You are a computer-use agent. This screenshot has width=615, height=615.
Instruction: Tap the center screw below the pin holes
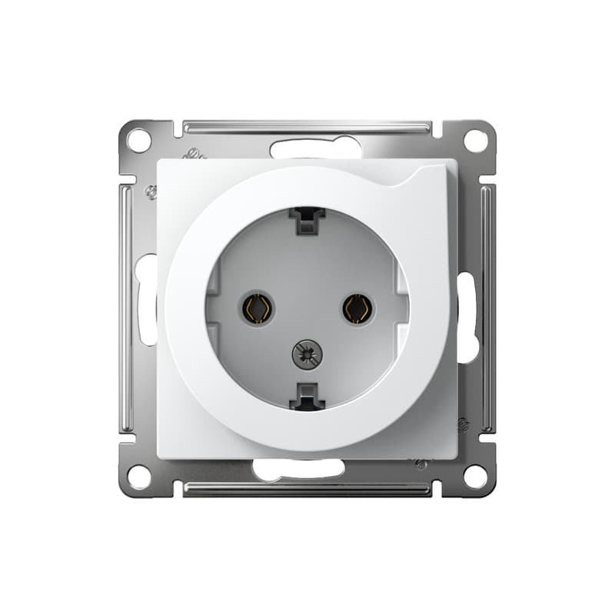[307, 354]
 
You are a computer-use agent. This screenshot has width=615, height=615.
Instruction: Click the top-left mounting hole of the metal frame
[138, 141]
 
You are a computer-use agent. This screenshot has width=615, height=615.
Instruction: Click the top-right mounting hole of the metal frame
[476, 141]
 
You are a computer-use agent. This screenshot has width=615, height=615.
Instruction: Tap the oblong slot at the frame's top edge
[315, 148]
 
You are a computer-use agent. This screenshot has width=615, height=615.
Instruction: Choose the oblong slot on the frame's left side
[146, 300]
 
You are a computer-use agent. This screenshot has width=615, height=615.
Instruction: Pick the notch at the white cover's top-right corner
[430, 173]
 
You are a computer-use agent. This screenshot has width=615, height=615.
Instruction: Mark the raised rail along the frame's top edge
[307, 125]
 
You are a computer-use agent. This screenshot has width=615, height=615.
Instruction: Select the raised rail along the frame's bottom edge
[307, 489]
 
